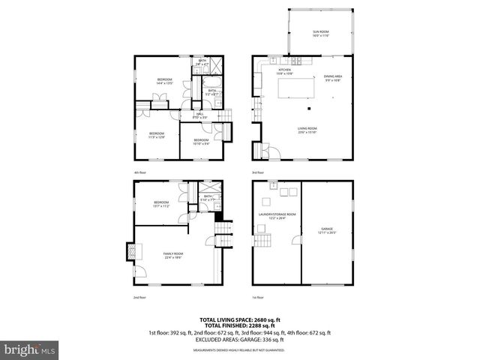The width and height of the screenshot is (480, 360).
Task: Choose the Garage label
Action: point(327,231)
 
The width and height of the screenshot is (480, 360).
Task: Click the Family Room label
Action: point(173,255)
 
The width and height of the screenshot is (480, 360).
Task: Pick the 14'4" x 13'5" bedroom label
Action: point(164,81)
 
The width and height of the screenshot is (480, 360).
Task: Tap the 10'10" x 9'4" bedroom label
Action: point(201,141)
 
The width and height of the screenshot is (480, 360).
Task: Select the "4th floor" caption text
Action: point(140,172)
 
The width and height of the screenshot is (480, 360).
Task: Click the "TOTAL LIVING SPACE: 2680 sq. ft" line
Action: point(239,319)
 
